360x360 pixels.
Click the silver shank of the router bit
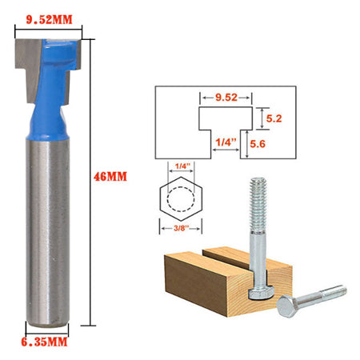coord(49,232)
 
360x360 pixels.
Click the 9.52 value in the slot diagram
coord(227,98)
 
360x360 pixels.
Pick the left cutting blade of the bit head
coord(26,68)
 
